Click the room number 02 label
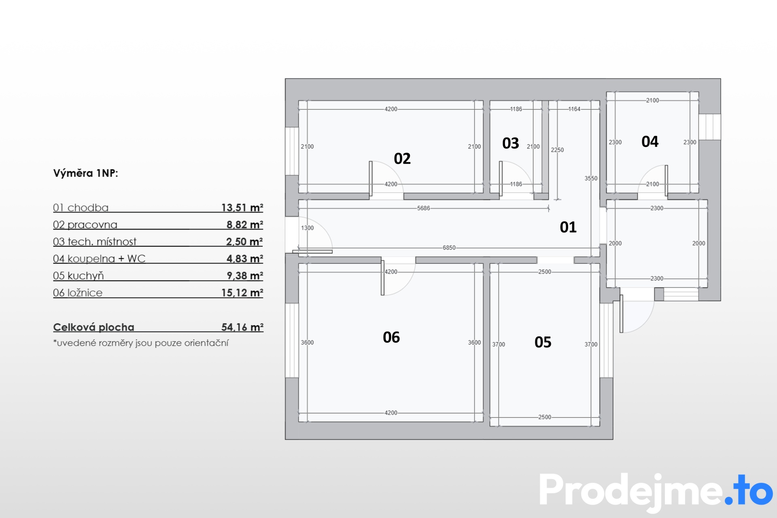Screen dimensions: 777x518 pyautogui.click(x=402, y=159)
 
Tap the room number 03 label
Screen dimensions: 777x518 pyautogui.click(x=511, y=143)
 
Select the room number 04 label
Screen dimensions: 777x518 pyautogui.click(x=650, y=142)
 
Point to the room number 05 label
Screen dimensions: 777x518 pyautogui.click(x=543, y=342)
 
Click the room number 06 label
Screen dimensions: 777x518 pyautogui.click(x=391, y=338)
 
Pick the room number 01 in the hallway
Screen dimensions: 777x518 pyautogui.click(x=568, y=227)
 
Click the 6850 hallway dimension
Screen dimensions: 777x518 pyautogui.click(x=449, y=248)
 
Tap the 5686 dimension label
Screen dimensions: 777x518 pyautogui.click(x=424, y=208)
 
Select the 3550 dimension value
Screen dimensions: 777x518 pyautogui.click(x=591, y=178)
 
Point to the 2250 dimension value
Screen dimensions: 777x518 pyautogui.click(x=557, y=150)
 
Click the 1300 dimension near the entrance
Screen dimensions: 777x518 pyautogui.click(x=307, y=228)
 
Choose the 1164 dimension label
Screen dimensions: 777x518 pyautogui.click(x=574, y=109)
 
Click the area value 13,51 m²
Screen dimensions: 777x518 pyautogui.click(x=242, y=208)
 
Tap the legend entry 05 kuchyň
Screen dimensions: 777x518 pyautogui.click(x=78, y=276)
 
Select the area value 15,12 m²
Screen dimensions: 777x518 pyautogui.click(x=242, y=293)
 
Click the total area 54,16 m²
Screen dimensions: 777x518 pyautogui.click(x=242, y=327)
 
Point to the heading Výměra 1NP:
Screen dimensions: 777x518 pyautogui.click(x=86, y=173)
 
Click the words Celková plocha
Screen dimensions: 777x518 pyautogui.click(x=93, y=327)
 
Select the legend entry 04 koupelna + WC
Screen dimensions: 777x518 pyautogui.click(x=99, y=259)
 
